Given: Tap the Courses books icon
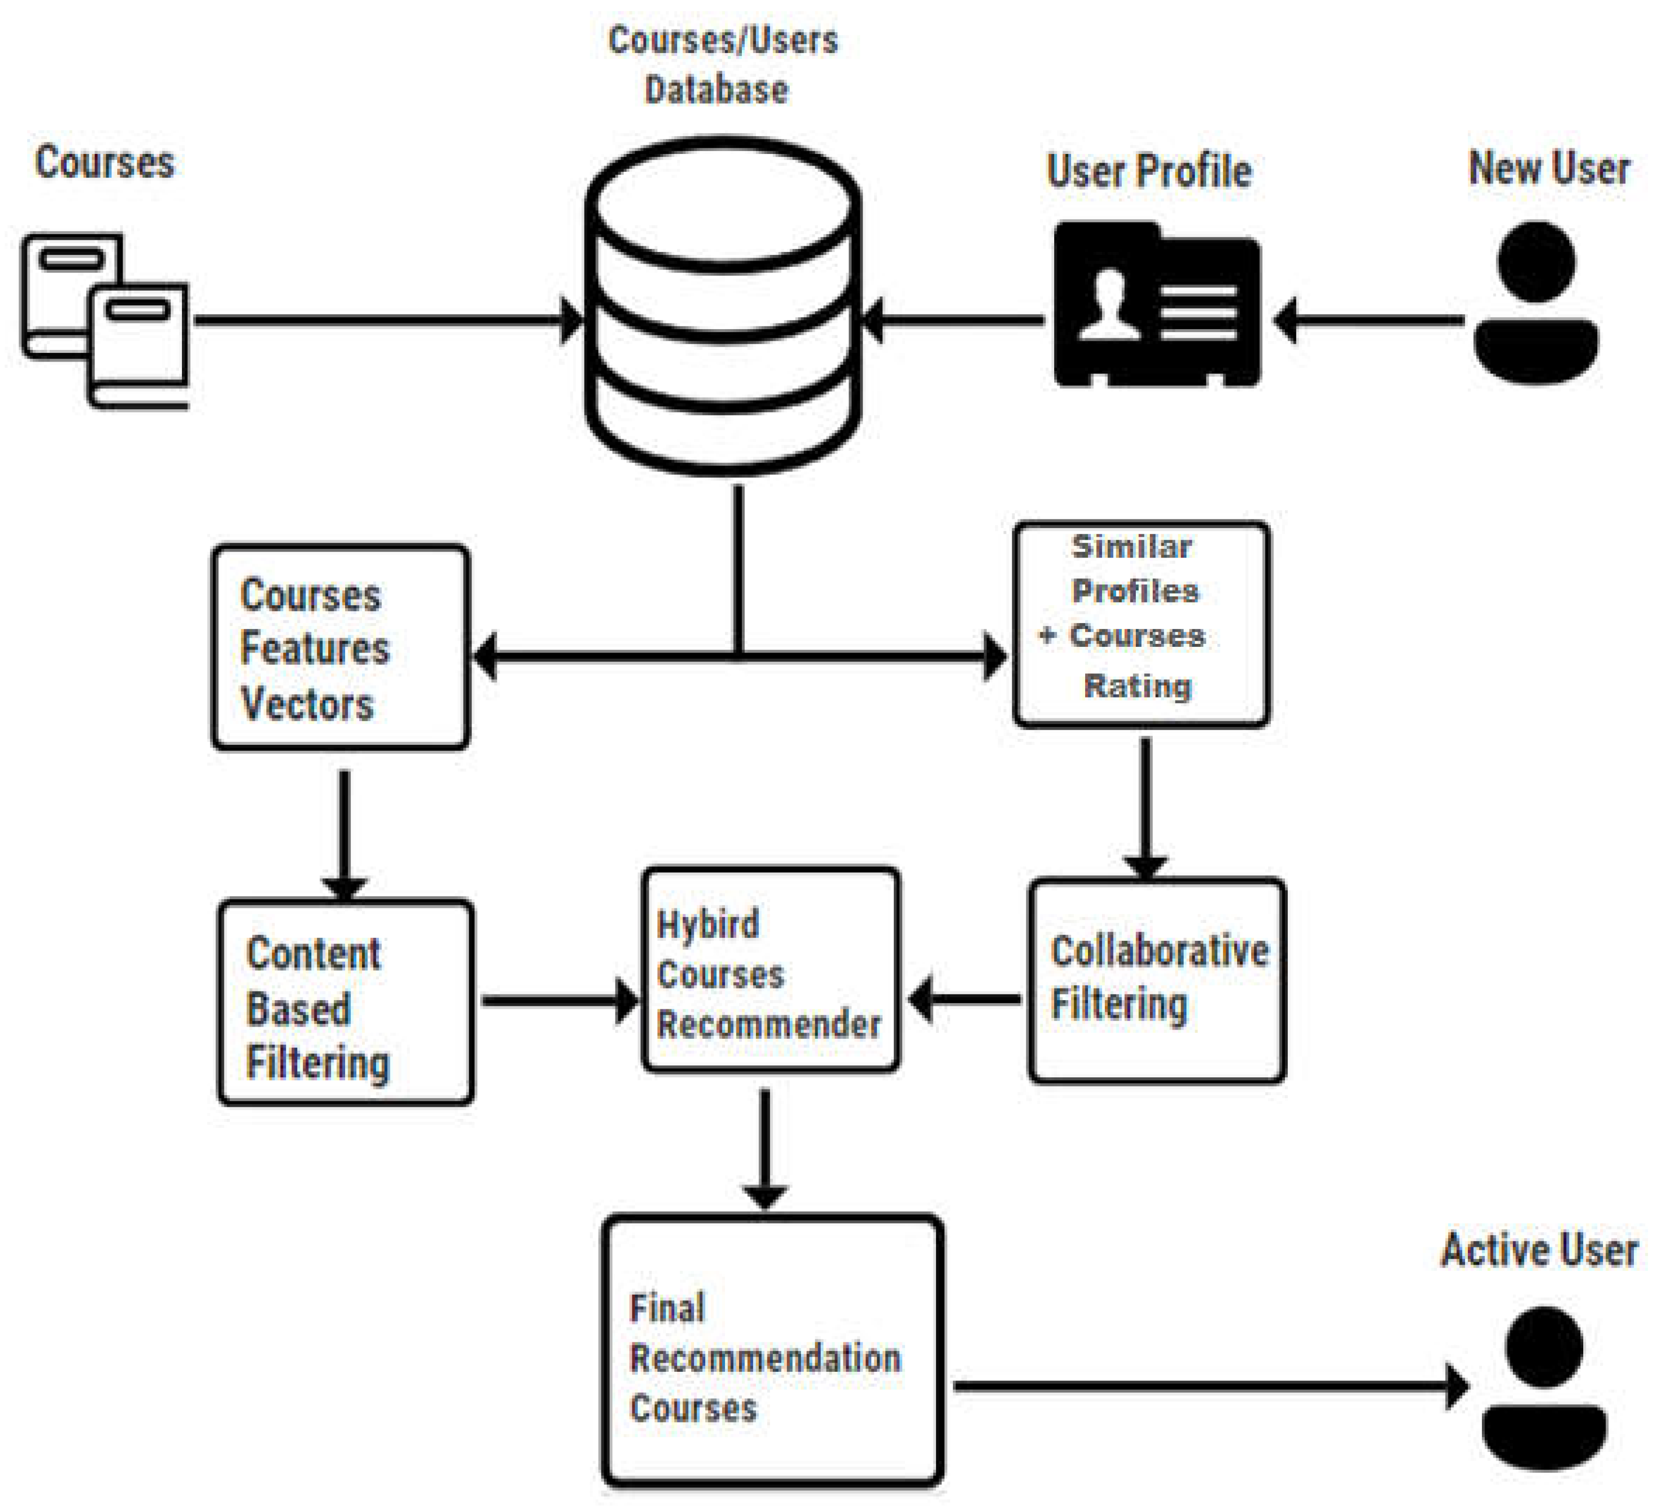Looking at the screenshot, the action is pyautogui.click(x=105, y=321).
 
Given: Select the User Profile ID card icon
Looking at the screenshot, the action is pyautogui.click(x=1157, y=303).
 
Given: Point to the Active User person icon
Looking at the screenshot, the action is pyautogui.click(x=1544, y=1387).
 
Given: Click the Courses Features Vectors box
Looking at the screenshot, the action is pyautogui.click(x=341, y=647).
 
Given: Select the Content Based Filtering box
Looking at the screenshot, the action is pyautogui.click(x=346, y=1002).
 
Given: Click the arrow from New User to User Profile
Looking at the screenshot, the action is pyautogui.click(x=1367, y=321).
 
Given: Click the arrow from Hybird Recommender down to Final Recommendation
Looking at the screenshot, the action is pyautogui.click(x=766, y=1149).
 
